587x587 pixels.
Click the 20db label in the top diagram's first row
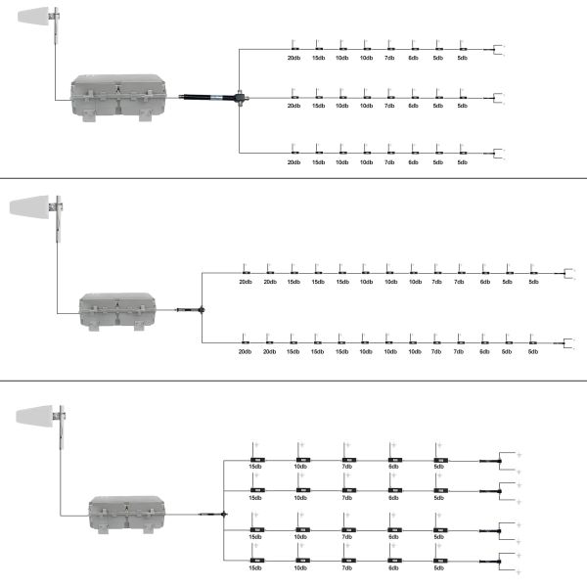click(x=293, y=58)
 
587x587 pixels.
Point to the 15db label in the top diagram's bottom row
click(x=318, y=162)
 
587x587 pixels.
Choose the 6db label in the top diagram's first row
click(x=413, y=58)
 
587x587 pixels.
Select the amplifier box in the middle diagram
click(x=117, y=310)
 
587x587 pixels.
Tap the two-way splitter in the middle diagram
click(x=201, y=310)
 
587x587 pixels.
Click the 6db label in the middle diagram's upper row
click(x=484, y=283)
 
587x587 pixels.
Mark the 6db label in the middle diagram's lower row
click(x=484, y=351)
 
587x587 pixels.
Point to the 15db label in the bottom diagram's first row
click(x=255, y=467)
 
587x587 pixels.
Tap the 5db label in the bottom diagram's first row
click(x=439, y=467)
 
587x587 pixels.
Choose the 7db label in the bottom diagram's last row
click(x=347, y=568)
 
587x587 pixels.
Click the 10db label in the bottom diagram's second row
click(x=301, y=498)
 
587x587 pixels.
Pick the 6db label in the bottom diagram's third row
click(x=393, y=537)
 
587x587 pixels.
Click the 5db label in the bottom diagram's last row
click(x=439, y=568)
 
